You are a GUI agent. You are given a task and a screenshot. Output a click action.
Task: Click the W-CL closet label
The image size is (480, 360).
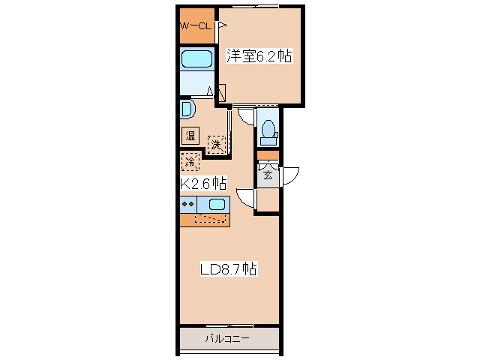[196, 26]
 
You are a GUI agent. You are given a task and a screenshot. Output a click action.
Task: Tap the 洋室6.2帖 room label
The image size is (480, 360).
[259, 55]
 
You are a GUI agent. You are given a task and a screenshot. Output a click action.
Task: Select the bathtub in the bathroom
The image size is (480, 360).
[196, 59]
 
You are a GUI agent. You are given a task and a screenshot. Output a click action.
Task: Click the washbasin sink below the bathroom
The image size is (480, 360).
[187, 108]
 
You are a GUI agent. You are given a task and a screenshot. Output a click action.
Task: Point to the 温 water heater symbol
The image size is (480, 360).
[190, 136]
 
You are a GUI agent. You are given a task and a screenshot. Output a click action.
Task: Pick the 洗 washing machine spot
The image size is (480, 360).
[217, 145]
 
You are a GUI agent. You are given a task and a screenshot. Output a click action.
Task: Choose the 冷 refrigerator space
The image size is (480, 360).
[190, 161]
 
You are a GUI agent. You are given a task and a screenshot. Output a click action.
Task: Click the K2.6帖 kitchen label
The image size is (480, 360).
[203, 183]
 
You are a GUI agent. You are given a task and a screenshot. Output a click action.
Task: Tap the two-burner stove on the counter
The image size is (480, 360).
[188, 204]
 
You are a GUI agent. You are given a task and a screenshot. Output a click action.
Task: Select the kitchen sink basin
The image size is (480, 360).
[217, 204]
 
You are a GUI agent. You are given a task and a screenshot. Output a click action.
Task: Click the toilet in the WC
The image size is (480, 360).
[268, 132]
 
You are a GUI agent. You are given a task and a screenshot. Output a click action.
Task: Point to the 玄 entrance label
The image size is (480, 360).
[268, 175]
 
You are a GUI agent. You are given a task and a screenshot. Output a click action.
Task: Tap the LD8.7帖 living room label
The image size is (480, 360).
[229, 269]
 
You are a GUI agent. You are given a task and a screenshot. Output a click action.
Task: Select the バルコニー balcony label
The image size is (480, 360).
[227, 339]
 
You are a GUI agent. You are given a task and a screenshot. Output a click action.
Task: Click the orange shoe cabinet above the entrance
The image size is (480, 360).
[268, 155]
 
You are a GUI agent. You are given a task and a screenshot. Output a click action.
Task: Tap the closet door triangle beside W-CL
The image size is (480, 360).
[222, 25]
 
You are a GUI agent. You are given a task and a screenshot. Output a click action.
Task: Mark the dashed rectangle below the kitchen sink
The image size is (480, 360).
[210, 218]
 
